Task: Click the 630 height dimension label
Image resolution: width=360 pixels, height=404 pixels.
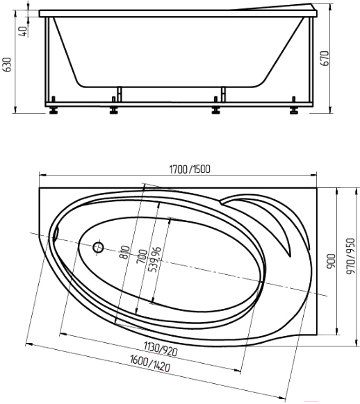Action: pos(8,65)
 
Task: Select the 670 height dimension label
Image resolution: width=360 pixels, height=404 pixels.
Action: pos(326,58)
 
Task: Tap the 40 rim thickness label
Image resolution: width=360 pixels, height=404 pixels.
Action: pos(23,31)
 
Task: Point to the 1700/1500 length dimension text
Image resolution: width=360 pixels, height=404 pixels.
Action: pos(190,169)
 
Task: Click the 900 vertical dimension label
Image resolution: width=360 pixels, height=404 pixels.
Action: pos(332,262)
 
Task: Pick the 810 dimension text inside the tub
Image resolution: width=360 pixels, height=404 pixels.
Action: pos(125,253)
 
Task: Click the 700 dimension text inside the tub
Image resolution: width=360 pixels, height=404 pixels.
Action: pos(143,256)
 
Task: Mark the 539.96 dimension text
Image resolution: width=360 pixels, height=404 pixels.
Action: pos(156,260)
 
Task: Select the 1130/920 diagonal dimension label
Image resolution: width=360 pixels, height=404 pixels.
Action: pos(161,348)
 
